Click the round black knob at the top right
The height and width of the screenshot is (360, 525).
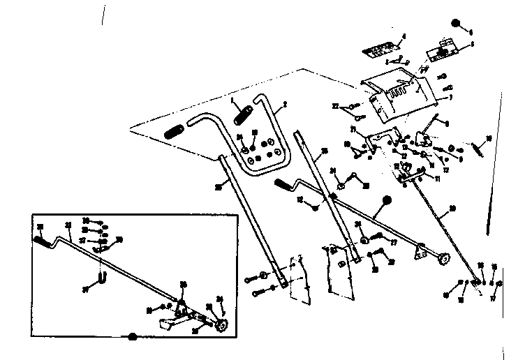455,23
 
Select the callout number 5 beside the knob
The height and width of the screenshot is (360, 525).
471,32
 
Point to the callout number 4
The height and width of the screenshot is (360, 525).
404,36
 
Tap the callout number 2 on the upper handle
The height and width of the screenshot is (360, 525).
284,107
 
